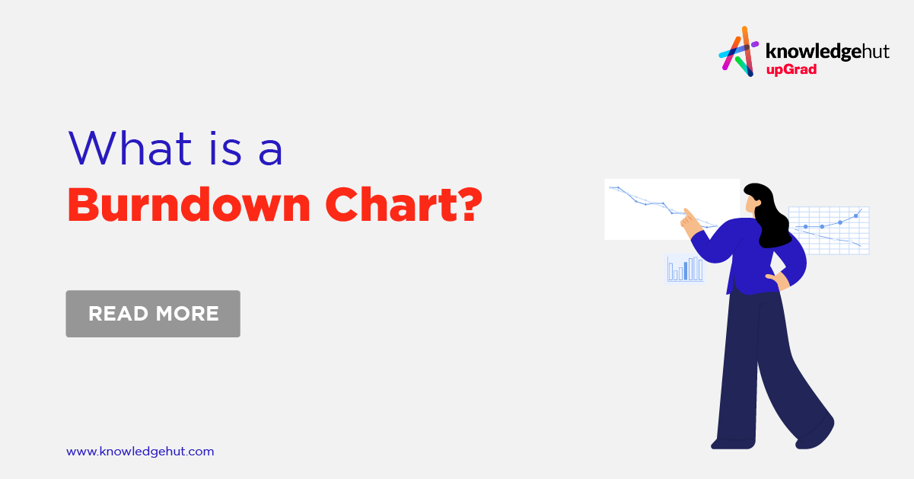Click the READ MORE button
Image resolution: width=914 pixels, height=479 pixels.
click(153, 313)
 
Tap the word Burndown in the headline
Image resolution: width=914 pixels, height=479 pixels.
click(189, 204)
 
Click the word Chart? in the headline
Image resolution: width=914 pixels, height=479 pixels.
click(403, 204)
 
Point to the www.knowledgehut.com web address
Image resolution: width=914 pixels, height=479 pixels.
click(140, 452)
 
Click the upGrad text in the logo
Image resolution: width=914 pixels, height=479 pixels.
click(791, 70)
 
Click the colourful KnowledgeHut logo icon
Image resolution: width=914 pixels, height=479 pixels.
click(738, 51)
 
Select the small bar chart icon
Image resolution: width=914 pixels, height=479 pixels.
click(685, 269)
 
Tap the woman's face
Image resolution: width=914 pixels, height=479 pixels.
click(751, 202)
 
